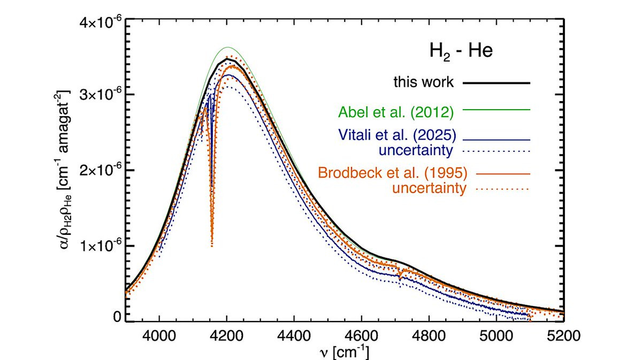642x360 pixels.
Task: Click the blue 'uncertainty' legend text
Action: (417, 150)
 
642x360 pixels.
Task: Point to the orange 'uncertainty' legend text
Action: (427, 188)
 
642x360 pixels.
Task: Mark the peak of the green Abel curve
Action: (227, 47)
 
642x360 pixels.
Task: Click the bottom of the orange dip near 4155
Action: (212, 246)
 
